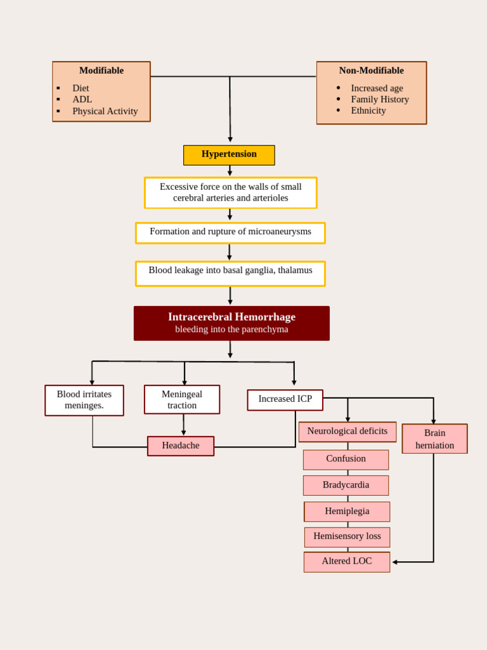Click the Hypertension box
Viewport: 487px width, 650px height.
[x=229, y=155]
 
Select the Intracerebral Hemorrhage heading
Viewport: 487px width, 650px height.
[x=231, y=317]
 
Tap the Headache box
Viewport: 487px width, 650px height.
[x=181, y=446]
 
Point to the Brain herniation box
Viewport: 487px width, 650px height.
[x=434, y=439]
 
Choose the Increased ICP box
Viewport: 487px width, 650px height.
[x=285, y=399]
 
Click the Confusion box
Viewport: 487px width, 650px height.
[x=346, y=459]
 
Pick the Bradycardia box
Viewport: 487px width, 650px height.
[x=346, y=485]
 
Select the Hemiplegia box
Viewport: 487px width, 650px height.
[x=347, y=511]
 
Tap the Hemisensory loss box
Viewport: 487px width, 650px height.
[x=347, y=536]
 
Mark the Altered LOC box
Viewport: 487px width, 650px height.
[x=346, y=561]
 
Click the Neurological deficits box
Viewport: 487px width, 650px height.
[x=347, y=432]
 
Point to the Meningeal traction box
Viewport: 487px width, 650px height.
[x=182, y=399]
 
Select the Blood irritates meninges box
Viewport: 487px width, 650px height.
[x=84, y=400]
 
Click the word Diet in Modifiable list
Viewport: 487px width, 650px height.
[x=81, y=88]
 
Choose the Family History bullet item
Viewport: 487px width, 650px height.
[x=379, y=99]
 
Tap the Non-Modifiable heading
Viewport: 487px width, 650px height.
[x=371, y=70]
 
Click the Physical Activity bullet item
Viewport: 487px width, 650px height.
[x=105, y=111]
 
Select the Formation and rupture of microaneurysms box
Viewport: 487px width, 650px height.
[x=230, y=232]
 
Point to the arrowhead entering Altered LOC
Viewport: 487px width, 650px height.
[x=394, y=562]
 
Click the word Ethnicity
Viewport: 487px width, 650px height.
[x=368, y=110]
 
